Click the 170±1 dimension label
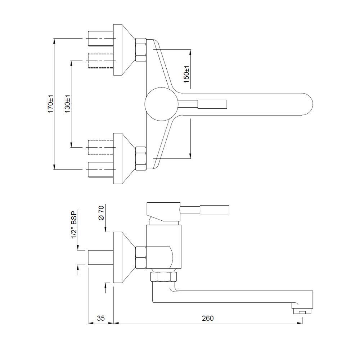point(51,104)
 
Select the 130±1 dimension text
point(67,104)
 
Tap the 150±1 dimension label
point(186,75)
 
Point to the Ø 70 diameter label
point(101,213)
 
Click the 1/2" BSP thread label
point(74,225)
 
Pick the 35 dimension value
point(101,318)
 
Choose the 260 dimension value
point(208,318)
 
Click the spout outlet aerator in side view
point(302,311)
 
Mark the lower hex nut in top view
point(140,158)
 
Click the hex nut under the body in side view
point(163,277)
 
